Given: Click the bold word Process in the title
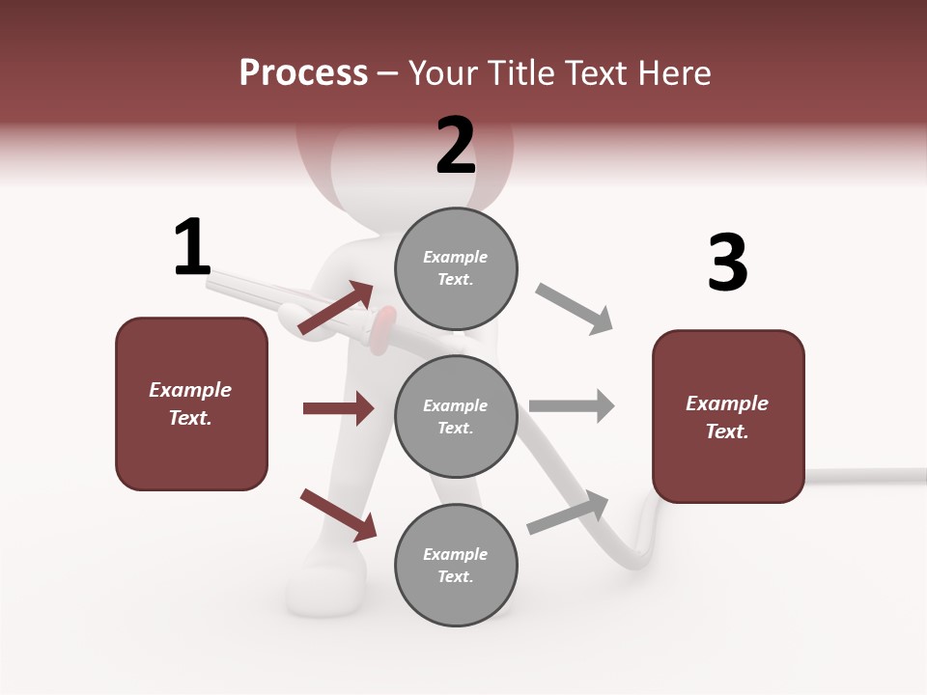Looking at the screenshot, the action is tap(303, 72).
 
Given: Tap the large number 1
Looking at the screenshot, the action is tap(191, 247).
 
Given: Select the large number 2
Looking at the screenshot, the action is tap(456, 146).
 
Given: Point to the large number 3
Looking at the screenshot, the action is tap(727, 264).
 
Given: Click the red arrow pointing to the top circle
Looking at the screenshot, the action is tap(336, 308).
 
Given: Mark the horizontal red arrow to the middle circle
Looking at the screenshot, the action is tap(338, 408).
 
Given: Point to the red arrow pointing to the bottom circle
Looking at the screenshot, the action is tap(338, 514).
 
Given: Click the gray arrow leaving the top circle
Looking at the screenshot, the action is tap(575, 309).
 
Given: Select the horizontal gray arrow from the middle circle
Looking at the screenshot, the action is tap(572, 405).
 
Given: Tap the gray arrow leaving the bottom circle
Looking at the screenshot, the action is tap(568, 513).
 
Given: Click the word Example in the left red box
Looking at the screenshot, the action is tap(190, 390).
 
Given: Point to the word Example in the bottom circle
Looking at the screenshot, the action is tap(456, 554).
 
